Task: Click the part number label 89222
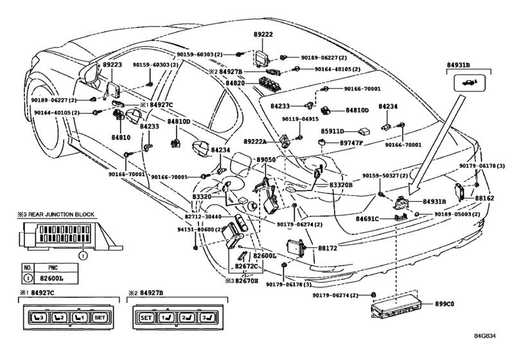(x=263, y=35)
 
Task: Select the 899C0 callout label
(x=445, y=304)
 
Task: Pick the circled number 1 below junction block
(x=83, y=256)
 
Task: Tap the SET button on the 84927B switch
(x=146, y=318)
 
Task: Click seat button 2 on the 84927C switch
(x=59, y=318)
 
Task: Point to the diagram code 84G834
(x=485, y=336)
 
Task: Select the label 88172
(x=328, y=248)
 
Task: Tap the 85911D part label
(x=332, y=131)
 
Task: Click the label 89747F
(x=351, y=143)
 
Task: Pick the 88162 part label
(x=484, y=198)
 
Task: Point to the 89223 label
(x=112, y=64)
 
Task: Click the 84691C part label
(x=367, y=219)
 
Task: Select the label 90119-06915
(x=301, y=119)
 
